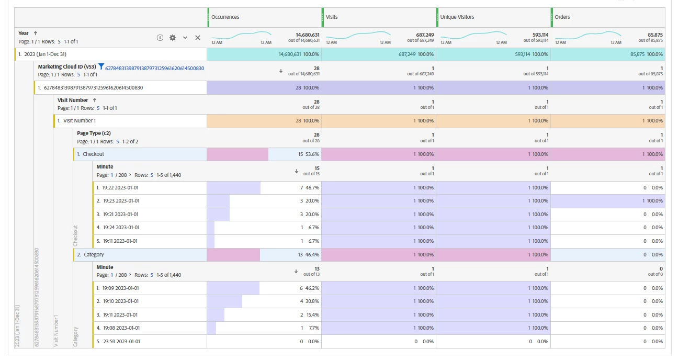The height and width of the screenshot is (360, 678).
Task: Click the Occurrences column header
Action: pyautogui.click(x=225, y=17)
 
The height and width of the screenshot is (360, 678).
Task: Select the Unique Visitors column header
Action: pyautogui.click(x=457, y=17)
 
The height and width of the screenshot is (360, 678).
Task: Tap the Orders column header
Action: pyautogui.click(x=562, y=17)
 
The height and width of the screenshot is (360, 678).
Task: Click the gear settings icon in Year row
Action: pyautogui.click(x=173, y=38)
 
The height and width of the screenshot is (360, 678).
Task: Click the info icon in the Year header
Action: pyautogui.click(x=160, y=38)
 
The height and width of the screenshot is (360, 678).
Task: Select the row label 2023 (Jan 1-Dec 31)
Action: pyautogui.click(x=46, y=54)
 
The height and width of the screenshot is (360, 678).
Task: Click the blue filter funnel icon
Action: pyautogui.click(x=101, y=67)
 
